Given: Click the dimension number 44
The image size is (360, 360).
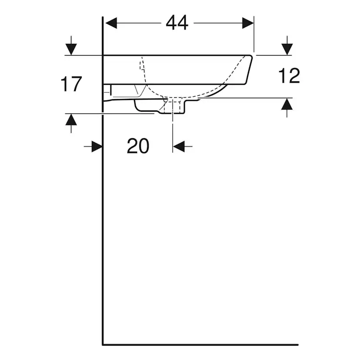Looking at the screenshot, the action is point(177,23).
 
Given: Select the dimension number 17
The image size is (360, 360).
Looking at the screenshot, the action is point(71,84).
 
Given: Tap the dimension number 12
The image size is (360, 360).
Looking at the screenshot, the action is point(289,76).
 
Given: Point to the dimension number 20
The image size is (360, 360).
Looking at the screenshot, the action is point(138,146).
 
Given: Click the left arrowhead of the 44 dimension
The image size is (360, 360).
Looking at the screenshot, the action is point(111,23).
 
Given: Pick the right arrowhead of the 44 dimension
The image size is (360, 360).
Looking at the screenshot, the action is point(248,23).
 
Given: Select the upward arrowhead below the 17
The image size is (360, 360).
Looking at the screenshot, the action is point(71,120).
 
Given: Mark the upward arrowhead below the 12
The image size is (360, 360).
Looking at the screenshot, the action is point(287,104).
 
